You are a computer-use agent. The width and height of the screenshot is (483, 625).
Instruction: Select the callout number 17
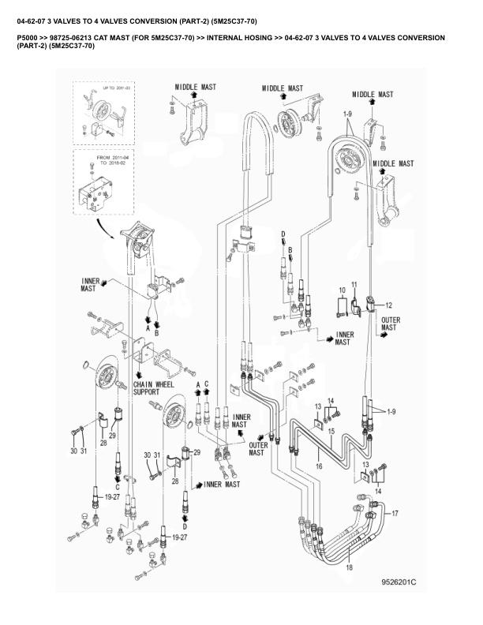pos(395,514)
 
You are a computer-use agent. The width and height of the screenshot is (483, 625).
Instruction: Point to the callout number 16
pos(318,466)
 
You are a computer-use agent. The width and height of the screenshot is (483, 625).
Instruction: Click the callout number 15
pos(332,431)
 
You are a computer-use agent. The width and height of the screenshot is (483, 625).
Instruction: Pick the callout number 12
pos(388,304)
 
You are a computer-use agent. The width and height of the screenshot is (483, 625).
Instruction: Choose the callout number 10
pos(342,291)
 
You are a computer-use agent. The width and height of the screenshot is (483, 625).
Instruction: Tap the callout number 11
pos(355,284)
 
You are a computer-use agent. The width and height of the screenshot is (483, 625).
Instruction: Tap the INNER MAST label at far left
pos(88,285)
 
